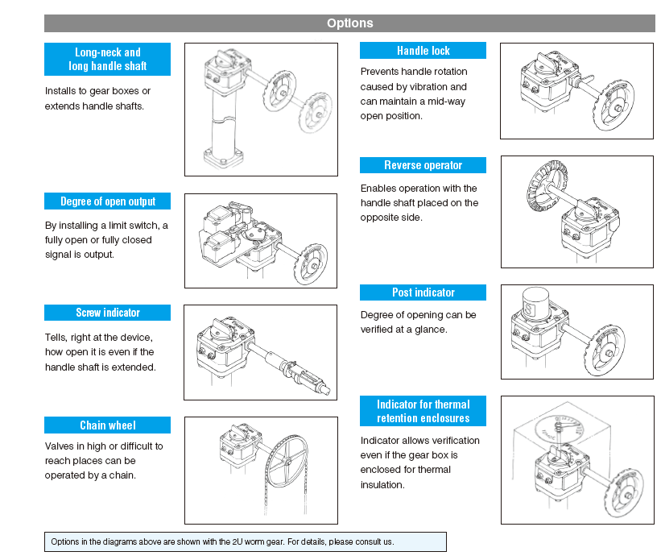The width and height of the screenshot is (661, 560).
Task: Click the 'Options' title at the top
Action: (349, 23)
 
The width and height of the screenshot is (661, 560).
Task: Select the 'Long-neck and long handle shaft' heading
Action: (108, 59)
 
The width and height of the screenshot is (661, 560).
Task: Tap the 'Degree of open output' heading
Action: (108, 201)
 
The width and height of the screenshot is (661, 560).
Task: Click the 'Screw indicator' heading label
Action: (108, 313)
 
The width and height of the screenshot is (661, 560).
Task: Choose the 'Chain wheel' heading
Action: (108, 425)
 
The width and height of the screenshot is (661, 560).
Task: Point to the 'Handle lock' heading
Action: (423, 51)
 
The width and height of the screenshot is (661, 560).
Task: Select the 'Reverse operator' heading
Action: (423, 165)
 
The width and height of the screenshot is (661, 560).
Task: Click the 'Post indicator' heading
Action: (423, 292)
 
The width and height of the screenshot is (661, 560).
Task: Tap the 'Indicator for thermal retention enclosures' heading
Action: (423, 411)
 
